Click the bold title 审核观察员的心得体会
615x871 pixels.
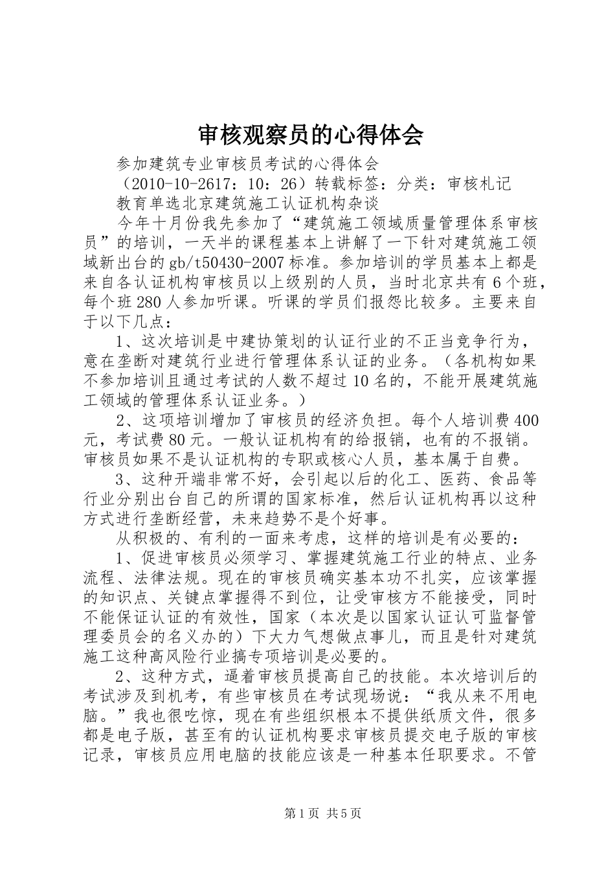pos(309,135)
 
